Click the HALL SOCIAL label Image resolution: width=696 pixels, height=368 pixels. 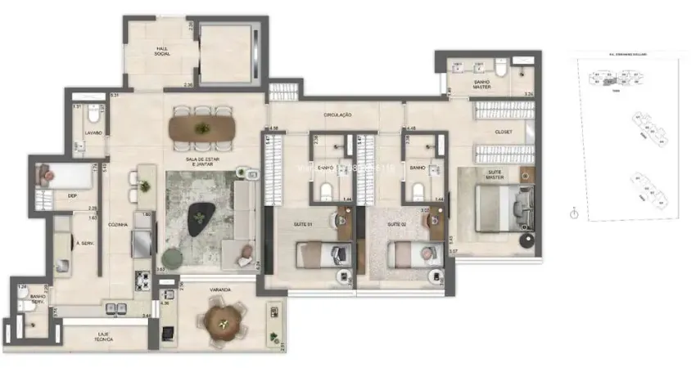click(162, 52)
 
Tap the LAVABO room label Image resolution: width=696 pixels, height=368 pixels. click(93, 132)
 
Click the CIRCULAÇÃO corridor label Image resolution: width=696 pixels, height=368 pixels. click(337, 114)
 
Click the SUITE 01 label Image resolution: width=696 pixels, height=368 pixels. click(305, 223)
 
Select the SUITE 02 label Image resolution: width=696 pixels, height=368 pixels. click(398, 223)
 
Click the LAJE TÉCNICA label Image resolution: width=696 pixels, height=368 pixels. click(102, 335)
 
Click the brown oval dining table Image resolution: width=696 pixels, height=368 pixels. click(201, 127)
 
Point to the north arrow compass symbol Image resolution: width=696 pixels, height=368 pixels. click(575, 213)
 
